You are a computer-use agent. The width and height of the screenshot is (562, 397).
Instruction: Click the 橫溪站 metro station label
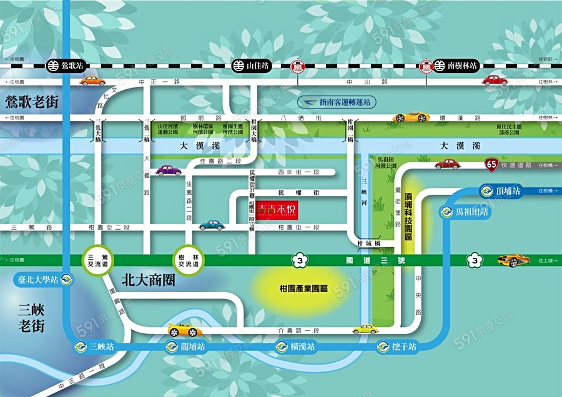(294, 346)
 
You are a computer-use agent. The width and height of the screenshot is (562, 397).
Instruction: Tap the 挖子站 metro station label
(397, 346)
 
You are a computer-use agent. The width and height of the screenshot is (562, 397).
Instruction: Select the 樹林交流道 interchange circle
(188, 259)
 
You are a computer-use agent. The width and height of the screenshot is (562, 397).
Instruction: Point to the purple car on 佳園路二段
(169, 170)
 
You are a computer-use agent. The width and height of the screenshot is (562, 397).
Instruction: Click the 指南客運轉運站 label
(338, 101)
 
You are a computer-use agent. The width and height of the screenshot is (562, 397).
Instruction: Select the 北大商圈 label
(148, 280)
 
